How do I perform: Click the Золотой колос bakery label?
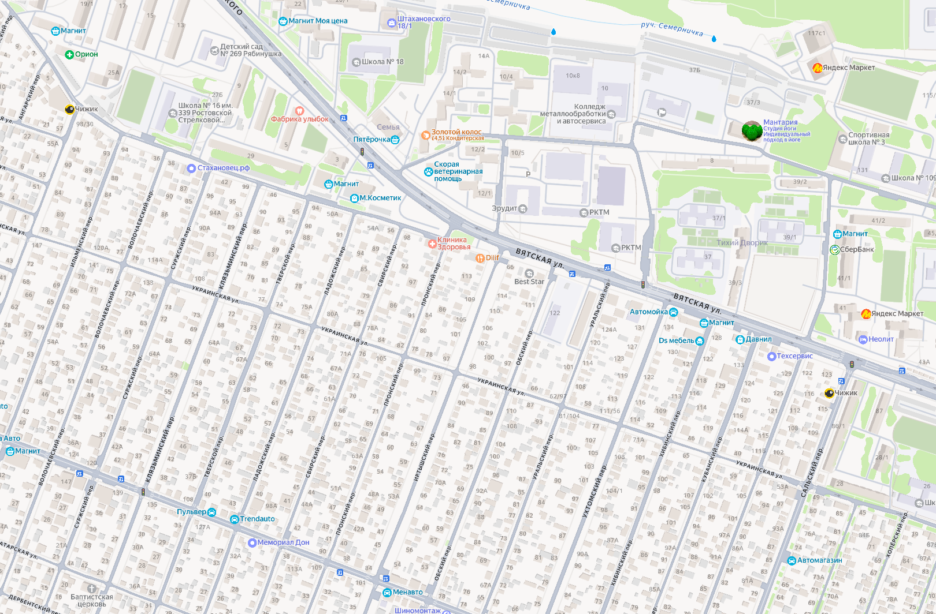click(x=456, y=133)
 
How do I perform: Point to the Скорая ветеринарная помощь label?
click(x=458, y=171)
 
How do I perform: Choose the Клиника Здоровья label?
click(x=453, y=244)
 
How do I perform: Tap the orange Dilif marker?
click(x=480, y=258)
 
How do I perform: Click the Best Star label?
click(x=529, y=281)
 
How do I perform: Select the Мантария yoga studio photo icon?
click(x=751, y=131)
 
